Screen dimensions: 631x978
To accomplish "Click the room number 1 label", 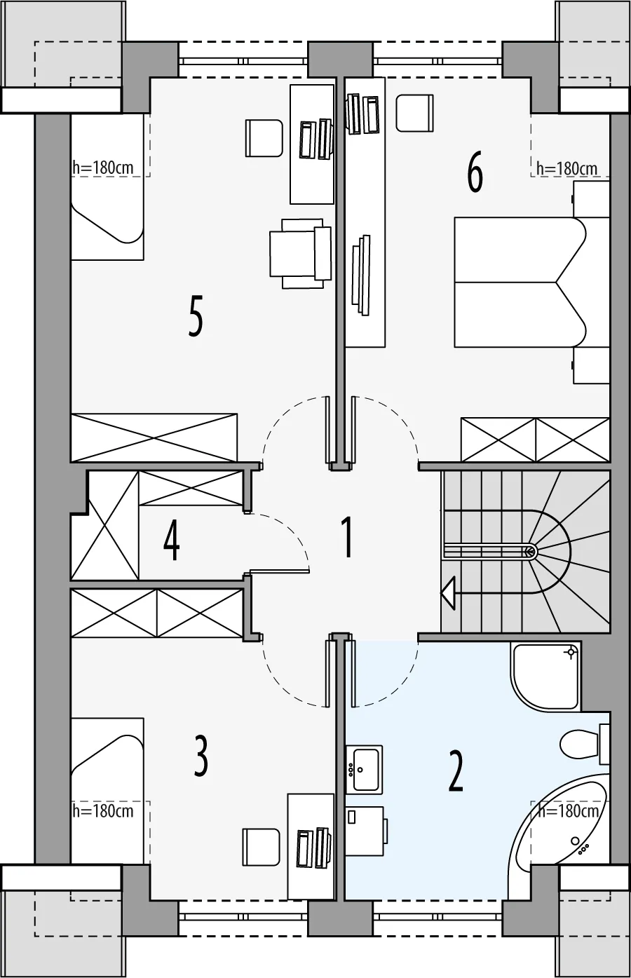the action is pos(347,537).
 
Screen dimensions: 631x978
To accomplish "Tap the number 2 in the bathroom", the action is pos(456,771).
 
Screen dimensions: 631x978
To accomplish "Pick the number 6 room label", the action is pos(475,172).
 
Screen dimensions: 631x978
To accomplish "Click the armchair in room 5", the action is pos(301,253).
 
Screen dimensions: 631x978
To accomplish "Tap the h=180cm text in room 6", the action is pos(566,168).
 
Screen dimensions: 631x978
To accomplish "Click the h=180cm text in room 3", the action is pos(103,811).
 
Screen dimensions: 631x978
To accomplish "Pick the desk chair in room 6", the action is pos(415,113).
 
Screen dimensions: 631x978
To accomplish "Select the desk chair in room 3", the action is pos(261,847).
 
